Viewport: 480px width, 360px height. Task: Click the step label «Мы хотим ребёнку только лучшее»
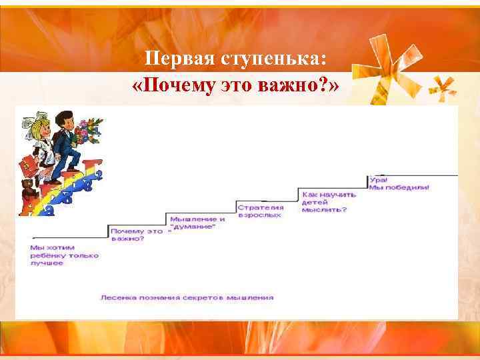[x=63, y=255]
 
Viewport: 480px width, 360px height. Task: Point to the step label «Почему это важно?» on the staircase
[x=137, y=234]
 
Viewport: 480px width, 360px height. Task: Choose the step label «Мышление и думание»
[x=197, y=223]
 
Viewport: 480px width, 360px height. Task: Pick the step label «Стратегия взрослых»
[x=260, y=211]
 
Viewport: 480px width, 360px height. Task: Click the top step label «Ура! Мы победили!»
[x=399, y=184]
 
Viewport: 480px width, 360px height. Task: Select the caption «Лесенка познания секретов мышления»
[x=187, y=297]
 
